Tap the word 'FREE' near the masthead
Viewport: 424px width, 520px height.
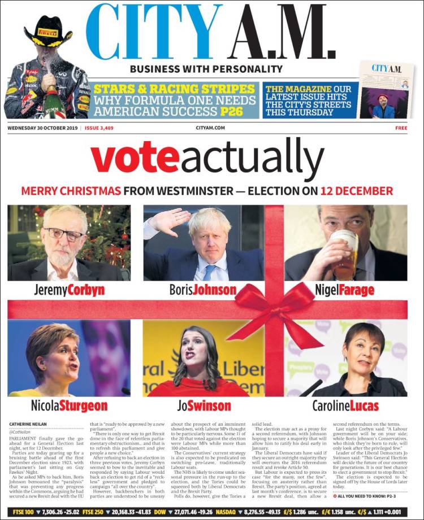pyautogui.click(x=401, y=128)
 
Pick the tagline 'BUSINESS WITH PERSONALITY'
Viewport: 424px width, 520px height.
pyautogui.click(x=206, y=69)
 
